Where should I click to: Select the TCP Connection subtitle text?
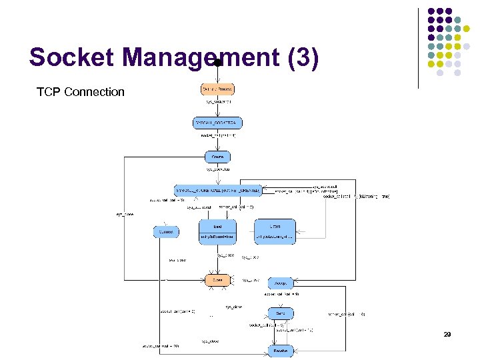click(x=81, y=92)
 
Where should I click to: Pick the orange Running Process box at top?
click(x=217, y=89)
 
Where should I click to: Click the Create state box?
click(x=217, y=157)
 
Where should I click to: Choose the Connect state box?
click(x=165, y=232)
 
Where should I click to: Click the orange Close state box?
click(x=217, y=280)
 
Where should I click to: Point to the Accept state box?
click(x=281, y=283)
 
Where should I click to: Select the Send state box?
click(x=281, y=312)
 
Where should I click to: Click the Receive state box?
click(x=281, y=351)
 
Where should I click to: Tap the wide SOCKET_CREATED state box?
click(x=217, y=190)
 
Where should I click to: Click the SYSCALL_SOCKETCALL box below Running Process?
click(x=217, y=123)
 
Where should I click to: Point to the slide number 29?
click(x=447, y=335)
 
